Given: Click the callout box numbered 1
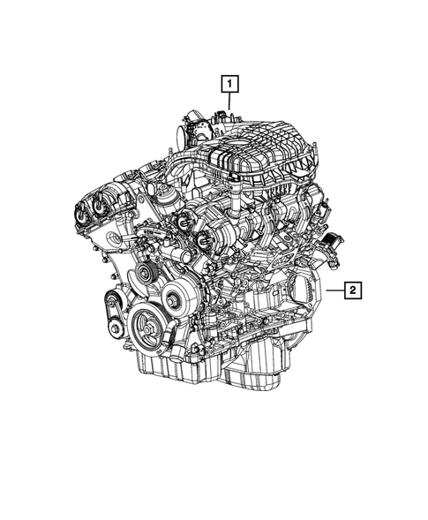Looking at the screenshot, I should [x=229, y=85].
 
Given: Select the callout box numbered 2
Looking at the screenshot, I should [x=351, y=289].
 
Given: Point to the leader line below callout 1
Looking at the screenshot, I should [x=229, y=102].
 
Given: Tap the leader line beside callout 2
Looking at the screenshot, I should [x=332, y=289].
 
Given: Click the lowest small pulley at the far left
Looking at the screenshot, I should [x=115, y=330].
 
